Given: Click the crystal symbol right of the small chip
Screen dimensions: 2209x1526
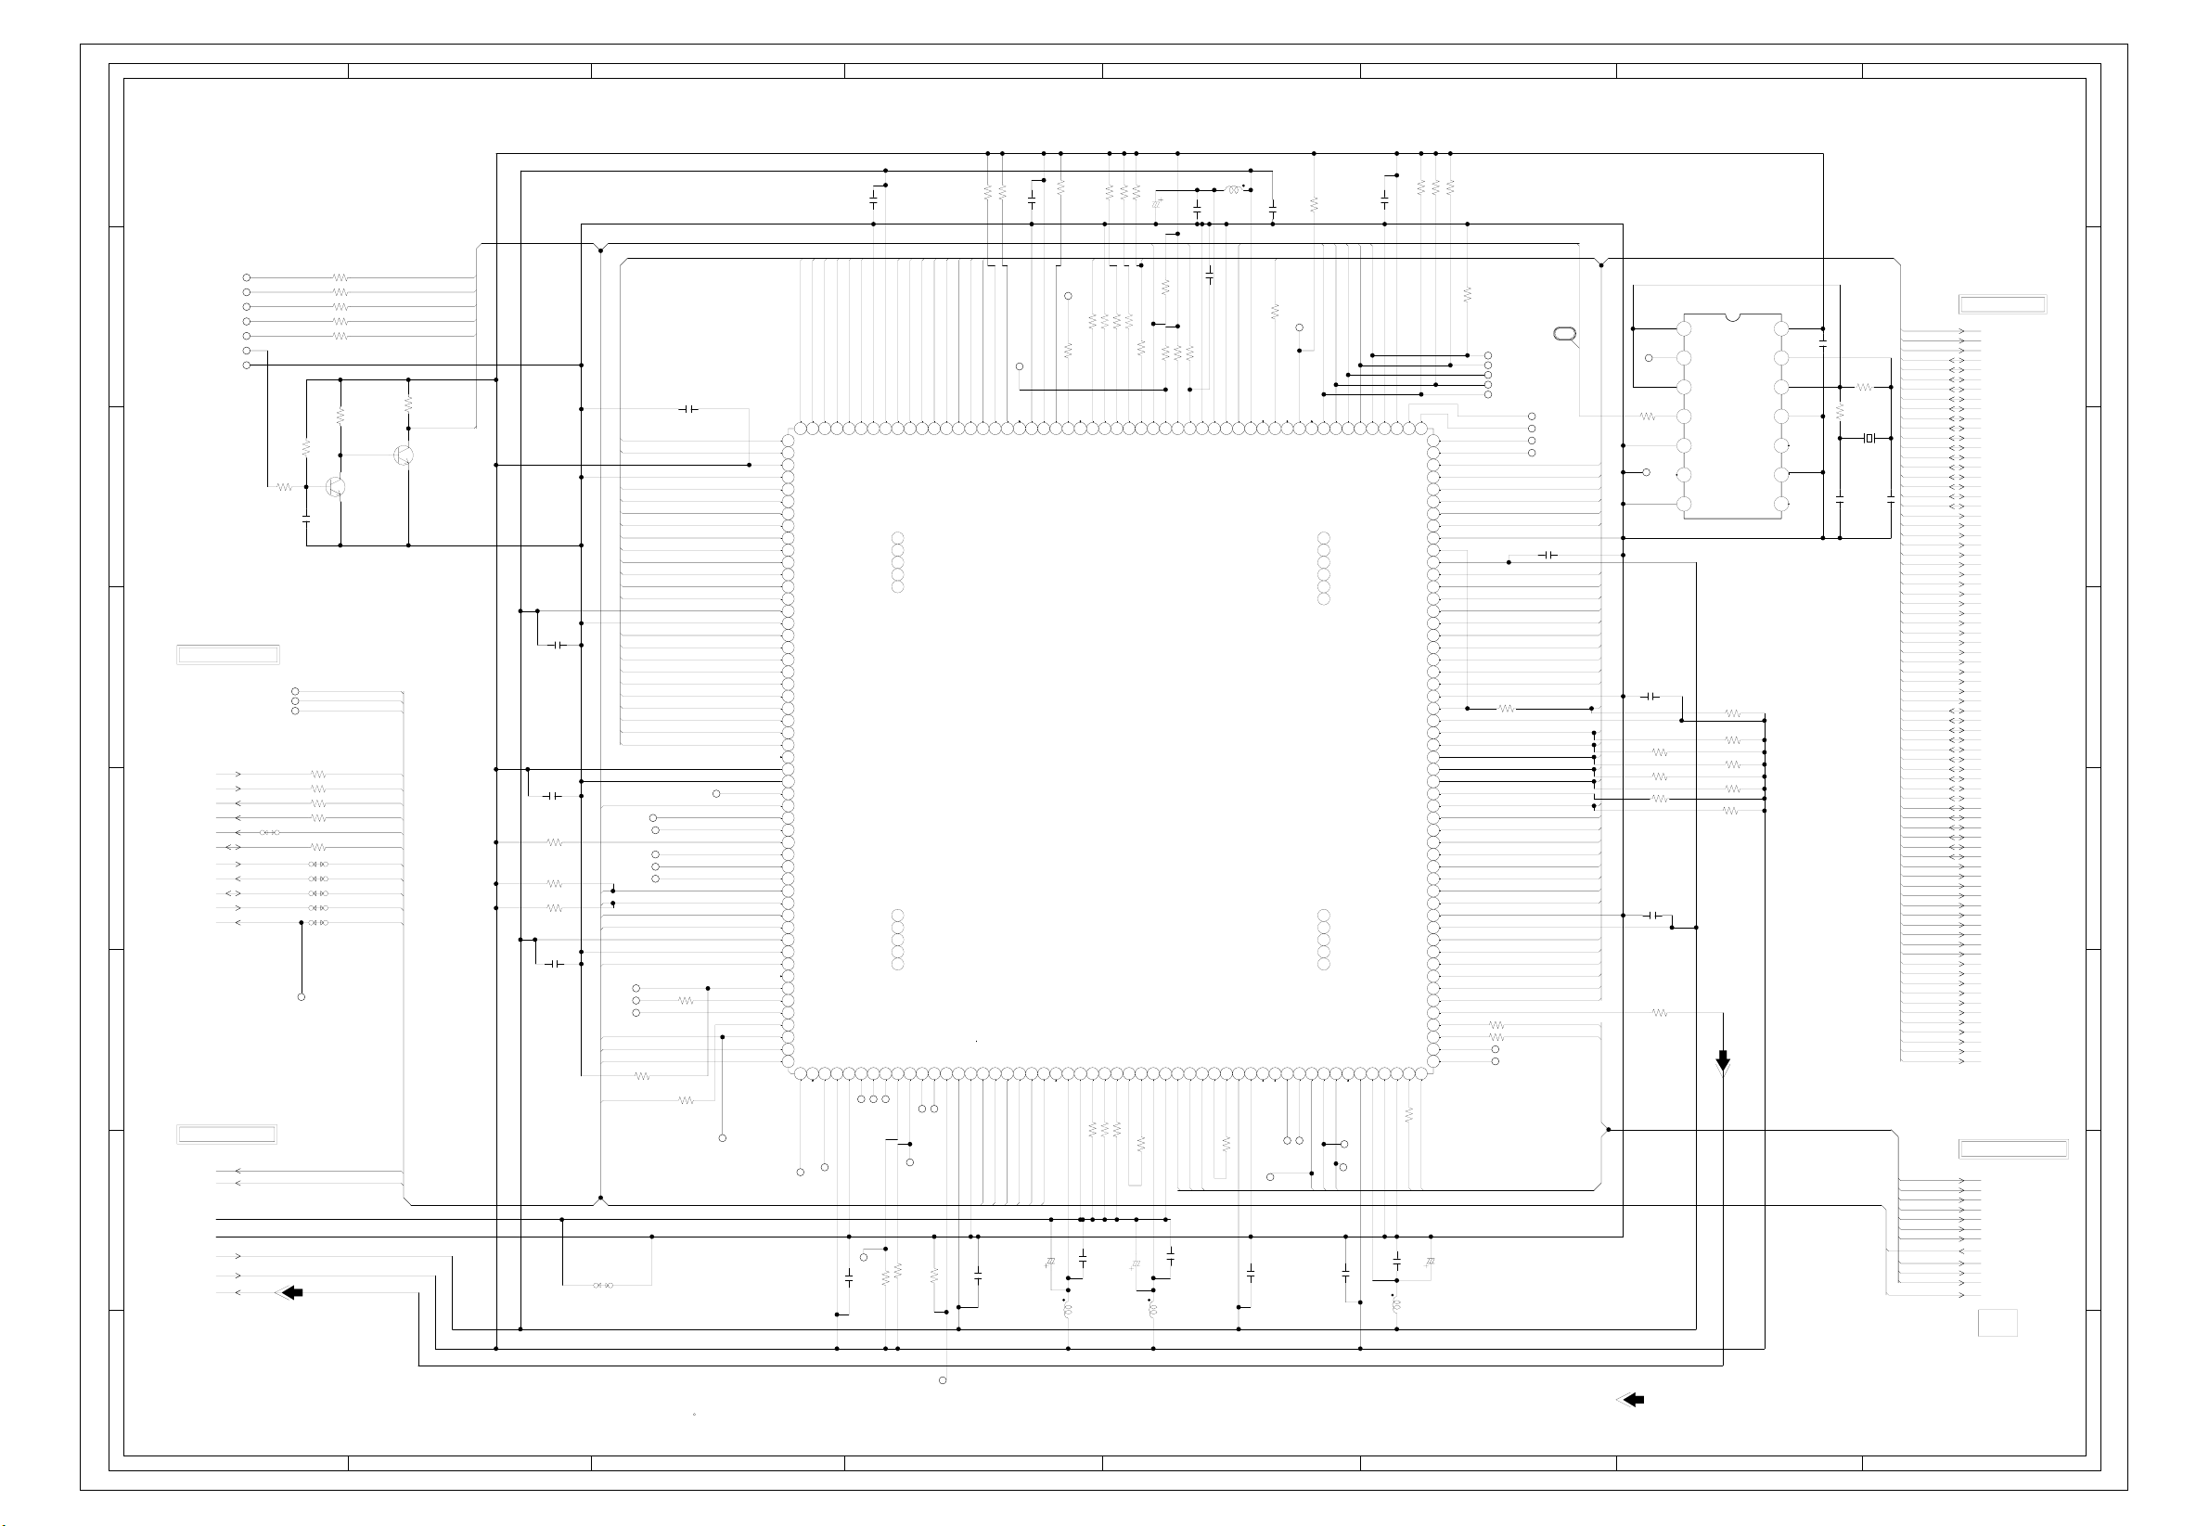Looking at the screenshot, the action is (x=1869, y=438).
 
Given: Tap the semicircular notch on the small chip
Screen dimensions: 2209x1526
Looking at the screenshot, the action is (x=1732, y=316).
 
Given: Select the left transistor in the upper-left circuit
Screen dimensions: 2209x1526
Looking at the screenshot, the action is (x=335, y=487).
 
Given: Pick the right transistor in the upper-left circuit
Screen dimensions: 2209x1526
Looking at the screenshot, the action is (x=404, y=455).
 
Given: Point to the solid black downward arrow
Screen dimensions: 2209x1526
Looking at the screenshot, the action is (x=1722, y=1060).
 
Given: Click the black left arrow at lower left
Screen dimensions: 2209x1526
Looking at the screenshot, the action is (x=290, y=1293).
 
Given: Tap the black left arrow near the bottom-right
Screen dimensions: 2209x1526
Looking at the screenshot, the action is (x=1631, y=1400).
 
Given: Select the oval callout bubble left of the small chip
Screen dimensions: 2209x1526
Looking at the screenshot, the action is (x=1564, y=334).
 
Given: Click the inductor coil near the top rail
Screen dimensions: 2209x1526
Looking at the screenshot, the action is (x=1233, y=190).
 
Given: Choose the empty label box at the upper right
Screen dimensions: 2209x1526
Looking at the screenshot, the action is (x=2001, y=305).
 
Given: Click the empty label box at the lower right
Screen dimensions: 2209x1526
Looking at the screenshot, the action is (x=2013, y=1149).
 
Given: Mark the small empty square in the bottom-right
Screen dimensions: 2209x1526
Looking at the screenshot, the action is (x=1997, y=1322).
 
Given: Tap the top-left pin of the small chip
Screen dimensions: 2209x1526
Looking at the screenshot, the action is (x=1684, y=329).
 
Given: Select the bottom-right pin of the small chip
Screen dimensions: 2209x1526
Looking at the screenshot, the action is (x=1780, y=504).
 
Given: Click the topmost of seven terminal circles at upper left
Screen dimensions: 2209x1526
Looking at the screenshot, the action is (x=247, y=277).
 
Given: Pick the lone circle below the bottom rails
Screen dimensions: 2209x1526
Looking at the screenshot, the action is (x=943, y=1379).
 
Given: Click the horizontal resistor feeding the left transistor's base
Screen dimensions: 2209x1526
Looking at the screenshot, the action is (x=284, y=487).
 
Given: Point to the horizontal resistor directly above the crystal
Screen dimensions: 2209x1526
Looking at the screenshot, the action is (x=1864, y=387).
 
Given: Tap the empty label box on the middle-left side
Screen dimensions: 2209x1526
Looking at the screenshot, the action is (x=227, y=655).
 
